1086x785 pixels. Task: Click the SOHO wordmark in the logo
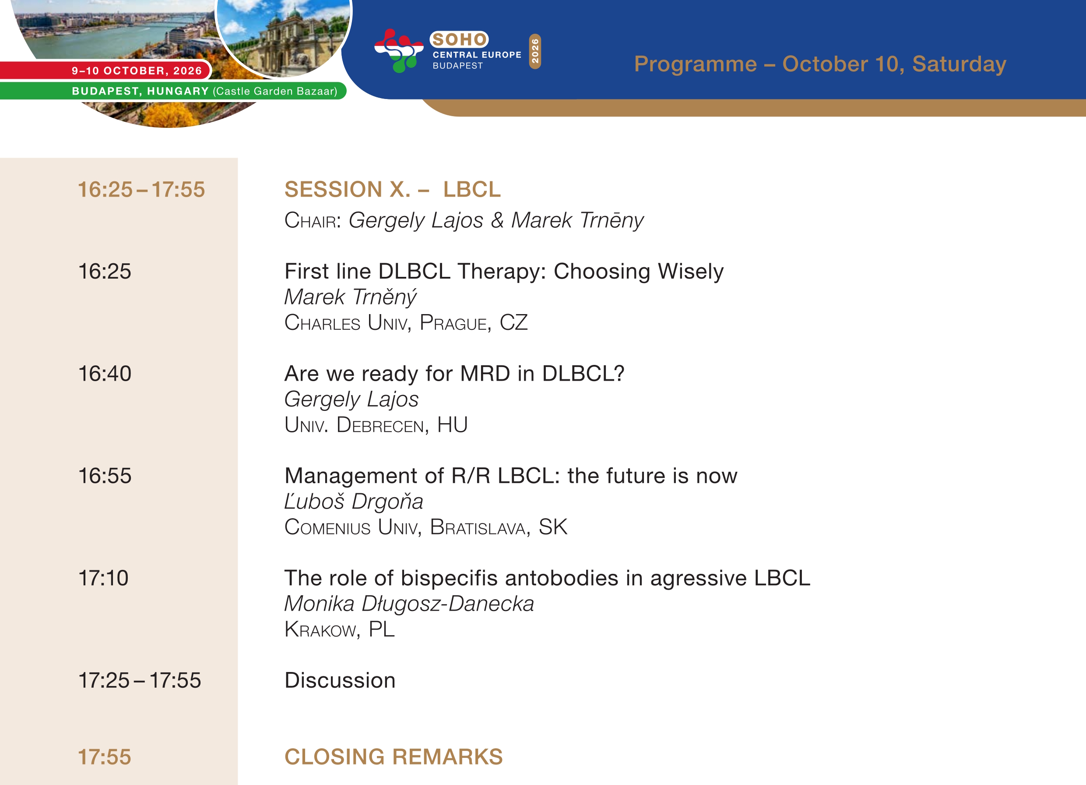click(x=459, y=39)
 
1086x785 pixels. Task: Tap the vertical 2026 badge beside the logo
click(x=535, y=51)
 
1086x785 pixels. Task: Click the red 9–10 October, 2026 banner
click(x=105, y=71)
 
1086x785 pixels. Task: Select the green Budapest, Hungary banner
click(x=172, y=91)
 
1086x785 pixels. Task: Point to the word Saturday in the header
click(x=959, y=64)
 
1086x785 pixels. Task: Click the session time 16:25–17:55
click(x=141, y=189)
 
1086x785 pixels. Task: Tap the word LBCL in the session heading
click(x=472, y=189)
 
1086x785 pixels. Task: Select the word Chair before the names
click(x=312, y=220)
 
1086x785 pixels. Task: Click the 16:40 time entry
click(x=105, y=373)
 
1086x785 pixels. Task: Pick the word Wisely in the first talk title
click(x=690, y=272)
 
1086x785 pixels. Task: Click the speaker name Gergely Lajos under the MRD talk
click(x=351, y=399)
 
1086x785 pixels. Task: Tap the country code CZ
click(x=513, y=322)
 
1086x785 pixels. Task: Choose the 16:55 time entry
click(x=105, y=476)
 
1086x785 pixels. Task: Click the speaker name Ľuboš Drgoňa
click(x=354, y=501)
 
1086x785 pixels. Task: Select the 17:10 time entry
click(x=103, y=578)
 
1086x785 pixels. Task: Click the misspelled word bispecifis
click(x=449, y=578)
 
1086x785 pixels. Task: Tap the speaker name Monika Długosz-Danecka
click(x=409, y=604)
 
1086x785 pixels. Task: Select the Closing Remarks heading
click(x=394, y=757)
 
